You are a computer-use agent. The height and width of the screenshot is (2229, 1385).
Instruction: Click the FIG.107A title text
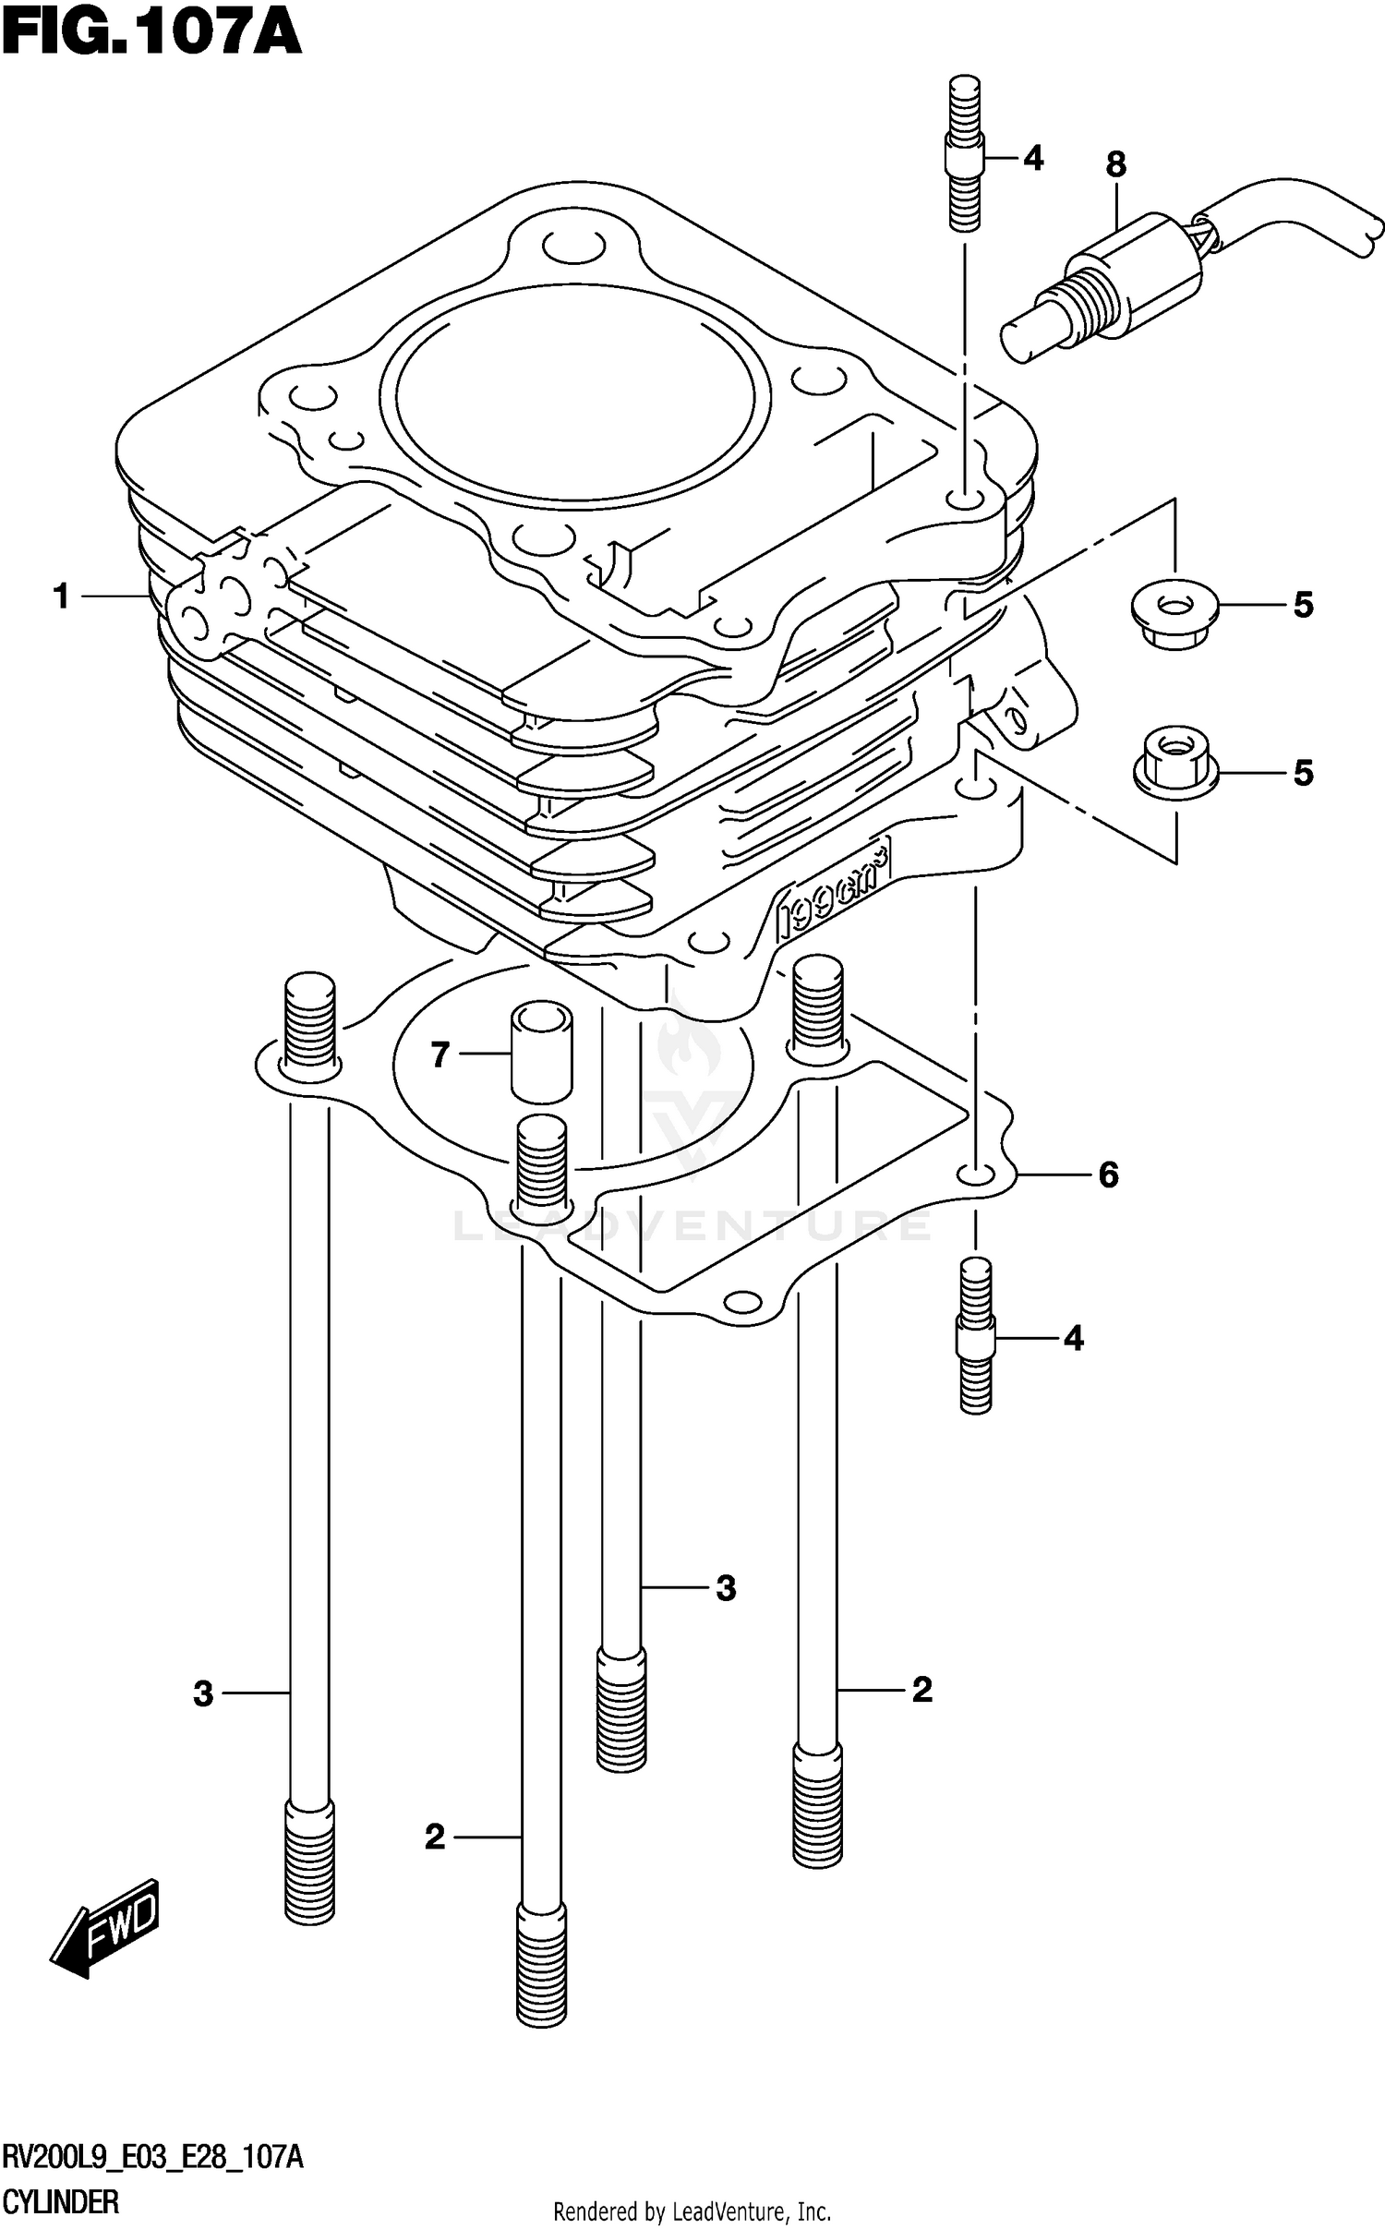[152, 35]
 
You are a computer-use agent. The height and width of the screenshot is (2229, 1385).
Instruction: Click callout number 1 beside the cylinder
[62, 596]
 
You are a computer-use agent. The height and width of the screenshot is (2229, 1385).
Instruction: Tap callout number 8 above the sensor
[1115, 165]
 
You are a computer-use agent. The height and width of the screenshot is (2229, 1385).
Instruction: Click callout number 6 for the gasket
[1108, 1175]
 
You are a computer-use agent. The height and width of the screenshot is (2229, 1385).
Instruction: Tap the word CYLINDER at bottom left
[61, 2202]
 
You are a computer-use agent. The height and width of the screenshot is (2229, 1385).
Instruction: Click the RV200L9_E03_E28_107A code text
[152, 2159]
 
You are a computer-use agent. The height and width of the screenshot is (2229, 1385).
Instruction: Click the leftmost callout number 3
[203, 1693]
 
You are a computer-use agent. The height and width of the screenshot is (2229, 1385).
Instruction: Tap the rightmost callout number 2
[921, 1690]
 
